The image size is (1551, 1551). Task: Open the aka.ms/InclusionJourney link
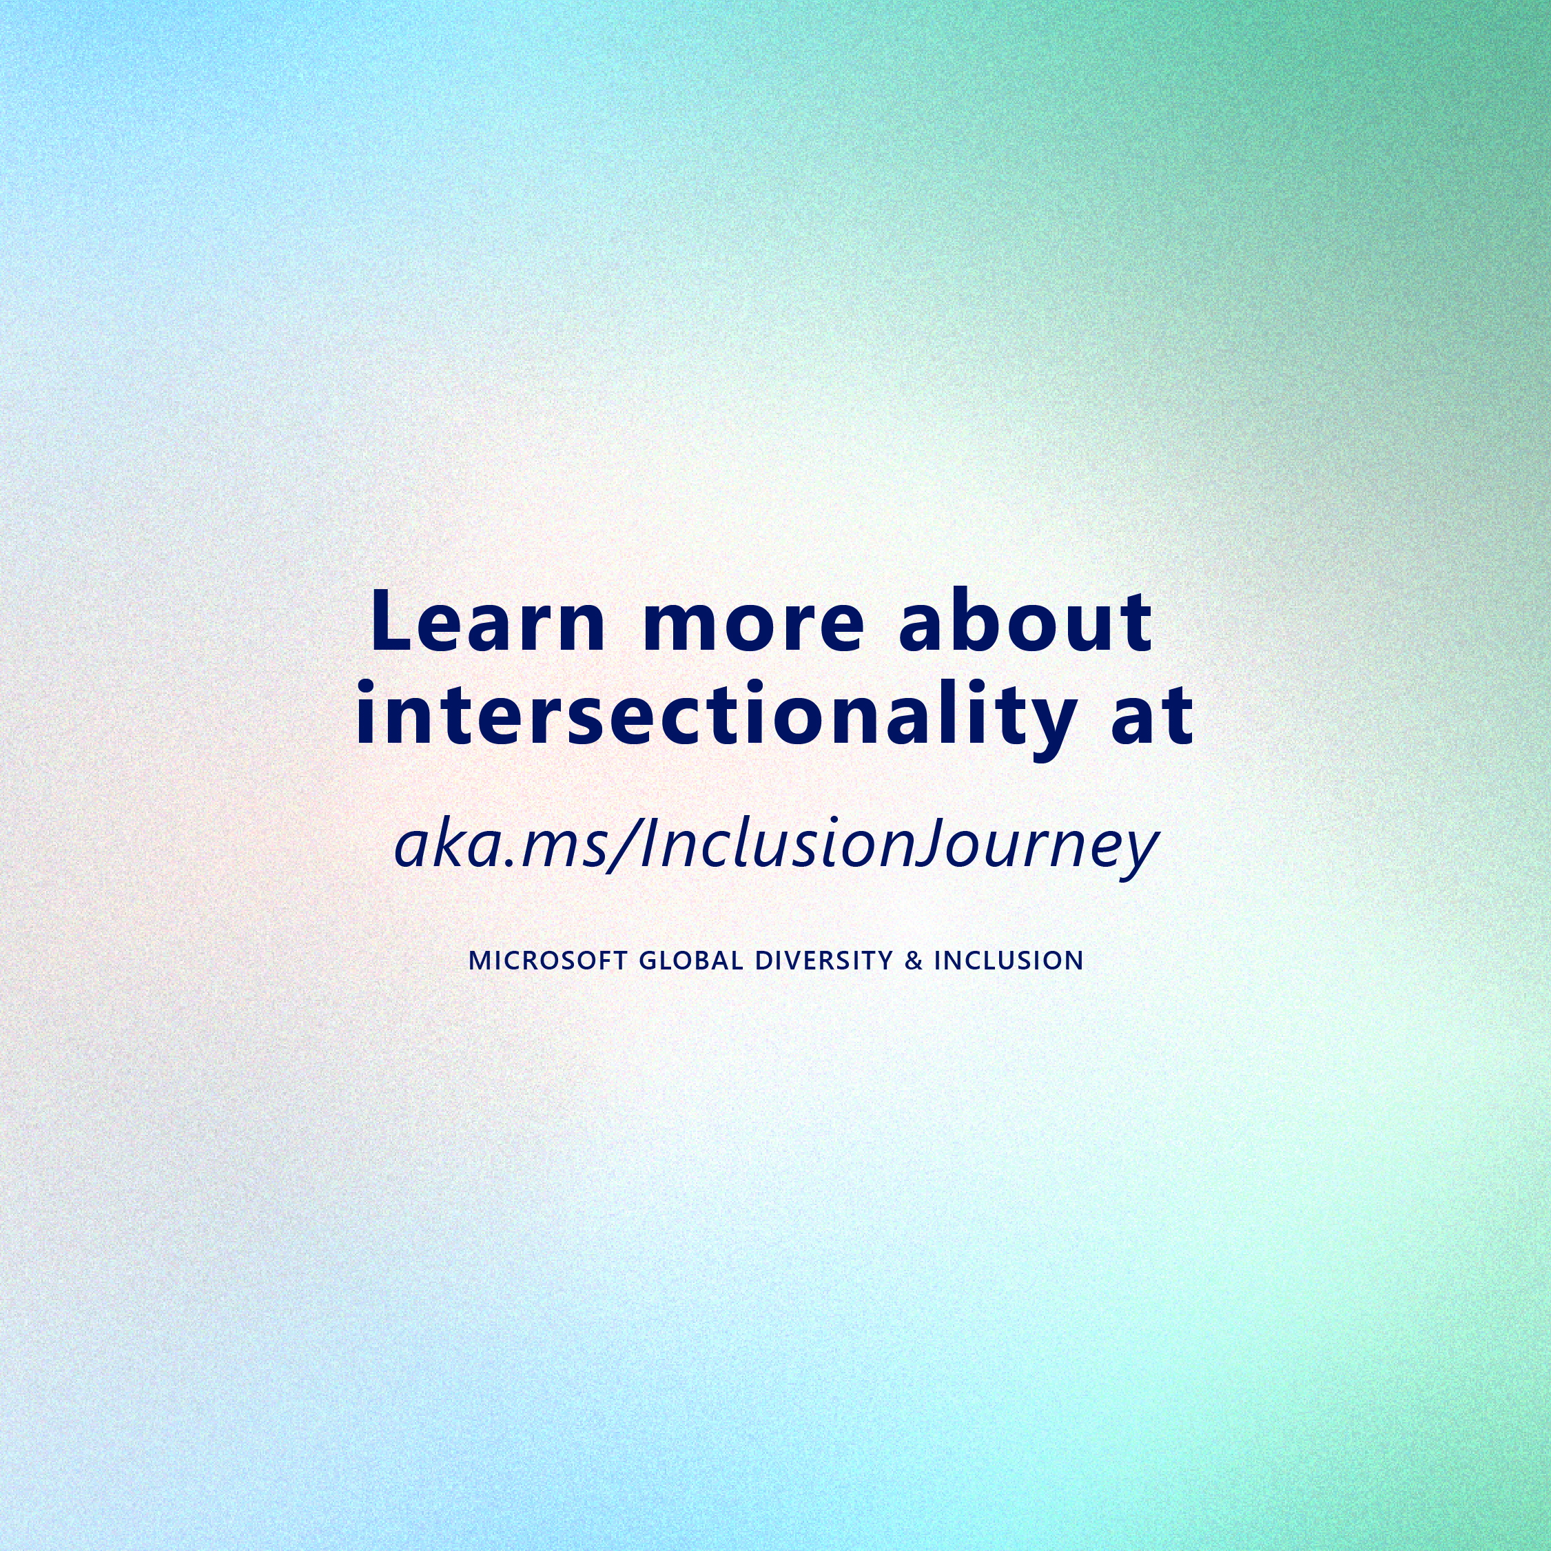(777, 847)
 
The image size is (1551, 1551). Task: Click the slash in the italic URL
(622, 847)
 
